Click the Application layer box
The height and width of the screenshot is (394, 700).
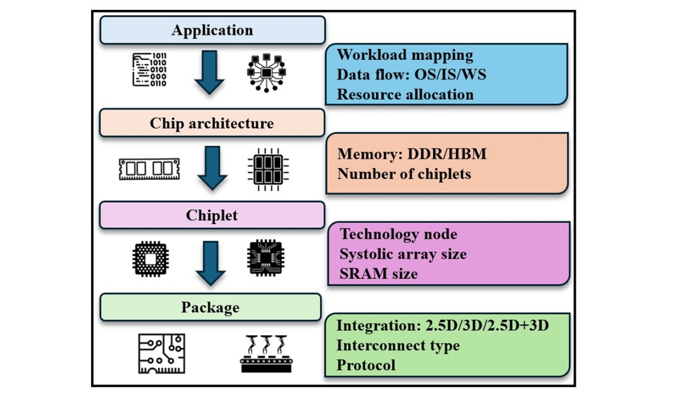pos(212,30)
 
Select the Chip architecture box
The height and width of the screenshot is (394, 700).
pos(212,123)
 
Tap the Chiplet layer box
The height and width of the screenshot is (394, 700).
pos(212,215)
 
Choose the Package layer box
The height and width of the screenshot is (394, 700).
pos(210,307)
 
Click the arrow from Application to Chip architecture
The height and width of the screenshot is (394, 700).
pos(209,72)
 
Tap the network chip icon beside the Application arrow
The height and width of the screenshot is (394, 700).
pos(267,72)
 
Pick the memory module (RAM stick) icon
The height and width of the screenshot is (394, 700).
pos(149,169)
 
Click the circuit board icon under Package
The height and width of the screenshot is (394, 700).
pos(162,353)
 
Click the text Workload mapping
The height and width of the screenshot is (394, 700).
pos(405,55)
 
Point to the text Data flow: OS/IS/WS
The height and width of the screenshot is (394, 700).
pos(411,75)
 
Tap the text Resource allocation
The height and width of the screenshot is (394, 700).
pos(405,94)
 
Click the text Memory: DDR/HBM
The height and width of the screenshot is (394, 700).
pos(411,155)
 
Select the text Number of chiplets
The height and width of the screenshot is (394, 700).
pos(404,174)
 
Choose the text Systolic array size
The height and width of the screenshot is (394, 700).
pos(403,254)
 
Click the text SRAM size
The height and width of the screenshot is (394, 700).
pos(379,273)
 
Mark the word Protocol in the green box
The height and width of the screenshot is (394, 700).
pos(366,365)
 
